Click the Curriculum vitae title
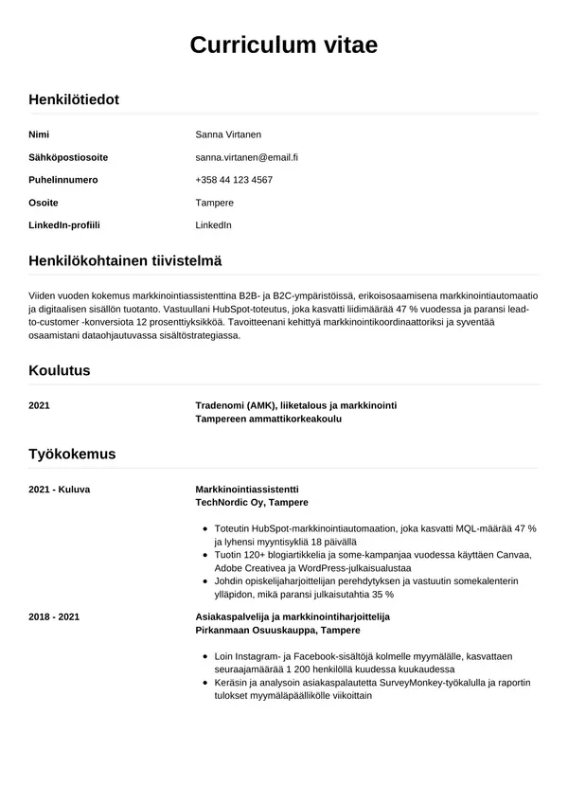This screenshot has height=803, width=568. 283,45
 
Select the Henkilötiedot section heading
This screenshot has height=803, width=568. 74,98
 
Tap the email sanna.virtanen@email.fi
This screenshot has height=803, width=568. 246,156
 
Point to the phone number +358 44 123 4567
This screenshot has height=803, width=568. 234,179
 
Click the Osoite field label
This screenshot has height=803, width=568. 44,203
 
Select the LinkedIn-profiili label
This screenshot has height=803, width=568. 64,225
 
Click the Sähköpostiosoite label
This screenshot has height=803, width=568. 68,156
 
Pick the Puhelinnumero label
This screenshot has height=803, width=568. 63,179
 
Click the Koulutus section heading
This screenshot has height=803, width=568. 60,370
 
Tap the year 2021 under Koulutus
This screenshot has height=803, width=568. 40,405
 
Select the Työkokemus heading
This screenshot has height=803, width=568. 72,454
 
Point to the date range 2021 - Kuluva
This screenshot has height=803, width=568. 59,489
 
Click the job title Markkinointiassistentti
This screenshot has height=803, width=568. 246,489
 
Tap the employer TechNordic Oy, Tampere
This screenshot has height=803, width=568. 251,502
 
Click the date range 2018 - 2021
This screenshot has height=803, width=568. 54,616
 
